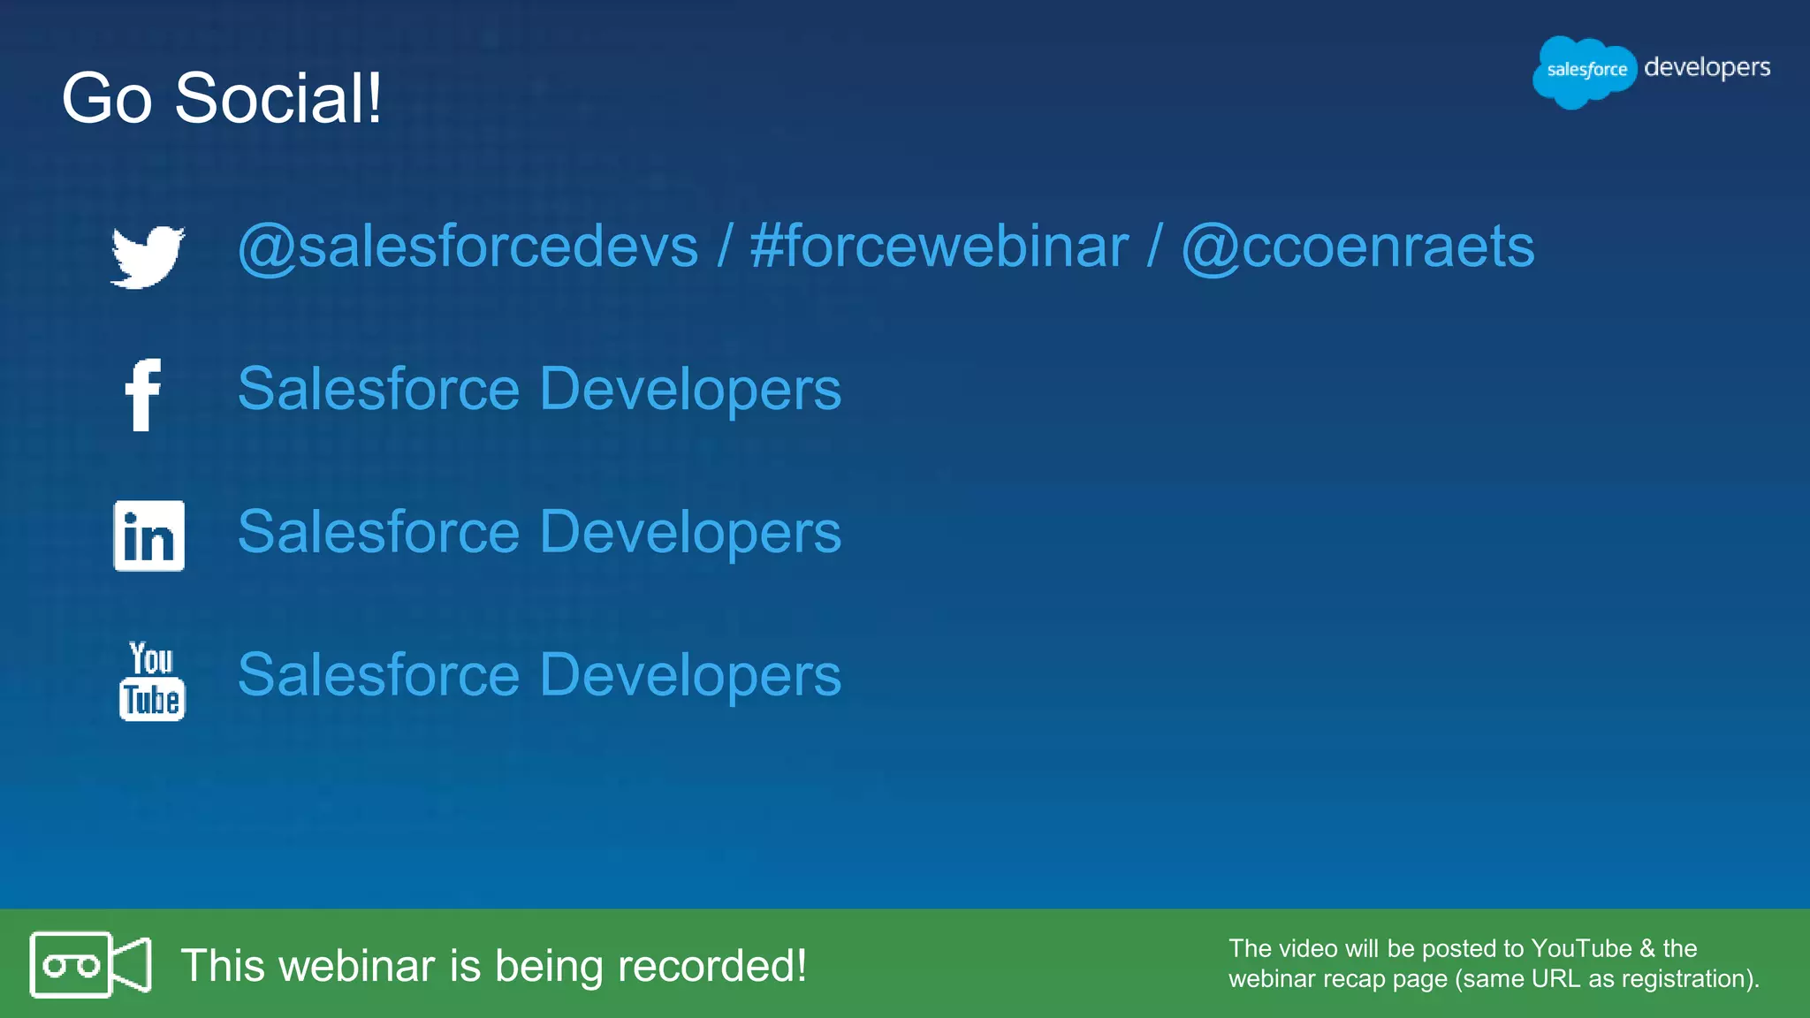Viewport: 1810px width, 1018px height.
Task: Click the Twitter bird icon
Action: [148, 256]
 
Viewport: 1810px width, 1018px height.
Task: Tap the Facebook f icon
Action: [143, 394]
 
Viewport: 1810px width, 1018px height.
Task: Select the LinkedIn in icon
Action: [148, 536]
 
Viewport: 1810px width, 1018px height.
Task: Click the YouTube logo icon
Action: [152, 680]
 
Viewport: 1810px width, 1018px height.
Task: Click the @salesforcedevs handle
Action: [468, 247]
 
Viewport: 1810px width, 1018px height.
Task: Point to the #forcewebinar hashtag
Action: [939, 247]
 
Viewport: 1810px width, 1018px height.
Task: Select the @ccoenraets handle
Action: [1357, 247]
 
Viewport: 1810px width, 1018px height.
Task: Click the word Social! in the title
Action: [278, 98]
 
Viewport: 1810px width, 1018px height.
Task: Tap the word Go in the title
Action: [106, 98]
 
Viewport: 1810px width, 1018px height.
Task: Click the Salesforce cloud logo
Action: [1585, 71]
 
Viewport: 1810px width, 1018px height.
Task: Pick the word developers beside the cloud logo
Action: [1707, 68]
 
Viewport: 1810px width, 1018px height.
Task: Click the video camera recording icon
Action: [90, 964]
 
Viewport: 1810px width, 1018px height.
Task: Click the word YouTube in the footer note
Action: [1581, 948]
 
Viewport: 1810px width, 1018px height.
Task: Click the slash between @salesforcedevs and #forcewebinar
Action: [725, 247]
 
